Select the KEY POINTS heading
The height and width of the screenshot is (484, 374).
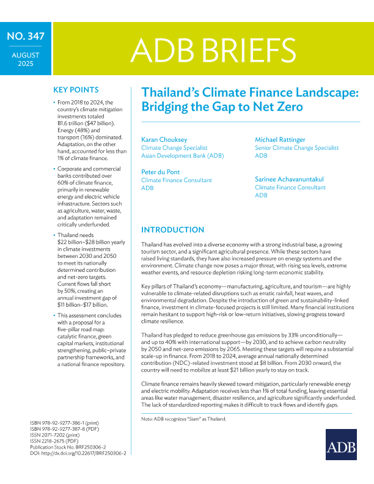[76, 88]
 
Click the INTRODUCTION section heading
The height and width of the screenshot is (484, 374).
[173, 230]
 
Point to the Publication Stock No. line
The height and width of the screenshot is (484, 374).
[68, 447]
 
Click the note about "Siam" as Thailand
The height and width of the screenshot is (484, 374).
[184, 419]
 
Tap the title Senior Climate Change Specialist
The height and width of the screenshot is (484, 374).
[296, 148]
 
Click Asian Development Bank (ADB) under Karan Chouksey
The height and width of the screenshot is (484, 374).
[183, 156]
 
